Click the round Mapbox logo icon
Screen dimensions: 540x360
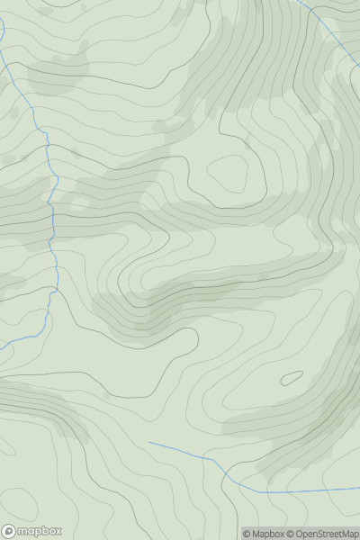(x=10, y=531)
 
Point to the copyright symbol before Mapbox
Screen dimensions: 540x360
(x=247, y=534)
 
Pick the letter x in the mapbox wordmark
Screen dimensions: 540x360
(x=58, y=531)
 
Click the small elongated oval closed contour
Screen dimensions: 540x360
(x=292, y=379)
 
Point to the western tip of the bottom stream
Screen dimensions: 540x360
(x=149, y=443)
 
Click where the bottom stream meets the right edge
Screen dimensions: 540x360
(x=358, y=489)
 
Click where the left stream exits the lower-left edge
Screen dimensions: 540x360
(x=1, y=346)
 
